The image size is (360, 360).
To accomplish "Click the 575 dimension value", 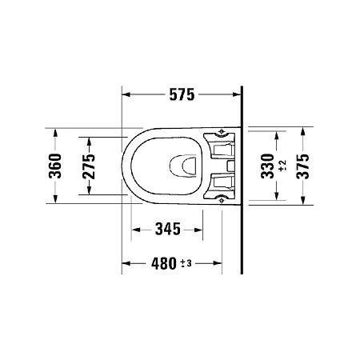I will tap(182, 95).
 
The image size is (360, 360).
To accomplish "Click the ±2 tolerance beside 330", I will tap(282, 166).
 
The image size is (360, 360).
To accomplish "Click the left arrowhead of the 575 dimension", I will tap(126, 95).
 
